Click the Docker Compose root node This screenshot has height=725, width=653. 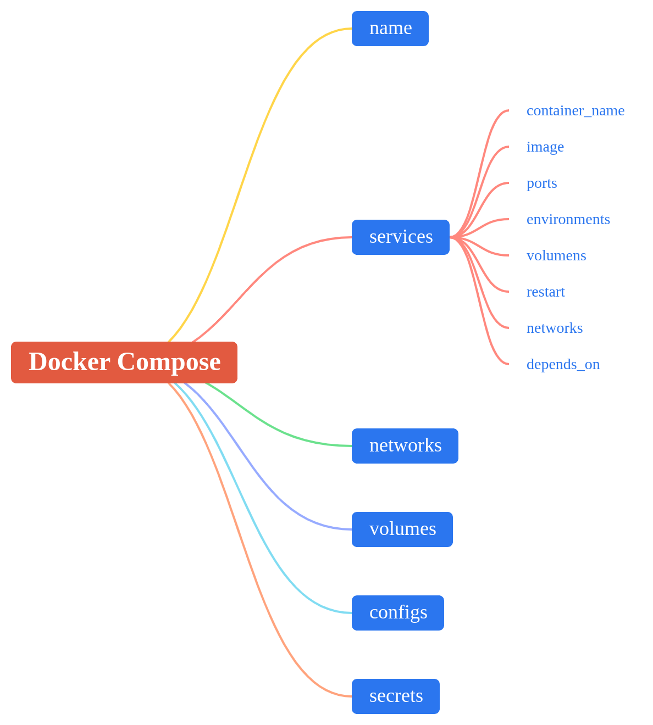pyautogui.click(x=124, y=362)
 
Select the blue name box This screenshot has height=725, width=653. pyautogui.click(x=390, y=29)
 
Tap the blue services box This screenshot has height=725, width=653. pyautogui.click(x=401, y=237)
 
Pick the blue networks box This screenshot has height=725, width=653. pyautogui.click(x=405, y=446)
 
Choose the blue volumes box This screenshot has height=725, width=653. pyautogui.click(x=402, y=529)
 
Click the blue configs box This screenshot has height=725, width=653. pyautogui.click(x=398, y=613)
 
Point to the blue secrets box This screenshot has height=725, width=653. pyautogui.click(x=396, y=696)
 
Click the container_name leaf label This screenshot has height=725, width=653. pyautogui.click(x=575, y=110)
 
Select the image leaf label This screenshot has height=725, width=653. pyautogui.click(x=545, y=147)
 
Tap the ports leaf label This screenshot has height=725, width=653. pyautogui.click(x=542, y=183)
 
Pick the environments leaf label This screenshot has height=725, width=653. pyautogui.click(x=568, y=219)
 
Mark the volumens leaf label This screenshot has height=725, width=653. pyautogui.click(x=556, y=255)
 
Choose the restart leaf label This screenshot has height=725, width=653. pyautogui.click(x=546, y=292)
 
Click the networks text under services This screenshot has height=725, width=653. pyautogui.click(x=555, y=328)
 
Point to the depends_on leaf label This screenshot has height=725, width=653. pyautogui.click(x=563, y=364)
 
